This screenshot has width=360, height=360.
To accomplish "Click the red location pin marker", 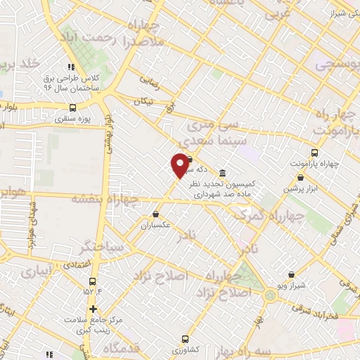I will pyautogui.click(x=180, y=165).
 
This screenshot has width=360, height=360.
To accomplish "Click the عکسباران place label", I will pyautogui.click(x=156, y=226).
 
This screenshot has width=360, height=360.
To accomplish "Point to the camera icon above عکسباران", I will pyautogui.click(x=155, y=214).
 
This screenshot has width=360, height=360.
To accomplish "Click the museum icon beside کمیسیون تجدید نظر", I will pyautogui.click(x=222, y=174).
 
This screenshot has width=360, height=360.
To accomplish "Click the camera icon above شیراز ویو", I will pyautogui.click(x=292, y=274).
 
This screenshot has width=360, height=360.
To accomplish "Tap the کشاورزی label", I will pyautogui.click(x=186, y=349).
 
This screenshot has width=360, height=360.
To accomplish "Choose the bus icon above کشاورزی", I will pyautogui.click(x=186, y=338).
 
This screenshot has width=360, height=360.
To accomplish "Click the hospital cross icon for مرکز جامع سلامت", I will pyautogui.click(x=93, y=309).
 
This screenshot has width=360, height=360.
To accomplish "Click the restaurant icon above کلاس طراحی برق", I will pyautogui.click(x=71, y=67).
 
